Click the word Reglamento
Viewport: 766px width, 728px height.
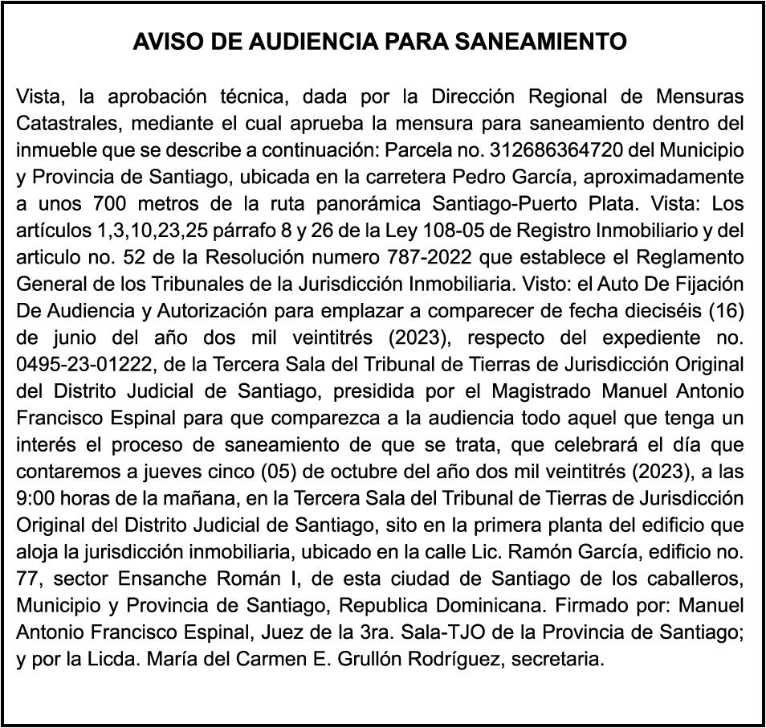(696, 258)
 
